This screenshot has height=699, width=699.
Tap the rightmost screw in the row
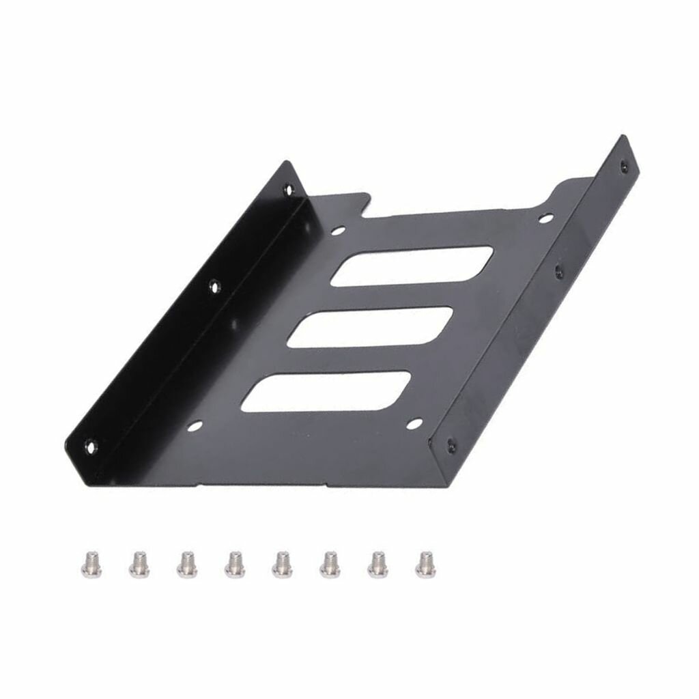pos(425,564)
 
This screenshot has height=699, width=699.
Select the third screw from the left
pos(186,564)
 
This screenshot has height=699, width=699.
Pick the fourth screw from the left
pos(235,564)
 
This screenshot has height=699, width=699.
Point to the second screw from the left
pos(139,564)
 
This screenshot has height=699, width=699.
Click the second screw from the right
pos(377,564)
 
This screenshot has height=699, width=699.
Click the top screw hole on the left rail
pos(289,189)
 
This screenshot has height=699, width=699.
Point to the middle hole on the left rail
pos(214,287)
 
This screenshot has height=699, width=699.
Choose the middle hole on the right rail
pos(559,272)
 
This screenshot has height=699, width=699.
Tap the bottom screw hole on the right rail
pos(451,444)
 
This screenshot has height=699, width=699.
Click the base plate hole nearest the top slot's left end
pos(337,231)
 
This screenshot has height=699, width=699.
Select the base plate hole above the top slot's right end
pos(545,218)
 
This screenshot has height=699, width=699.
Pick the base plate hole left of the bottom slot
pos(195,426)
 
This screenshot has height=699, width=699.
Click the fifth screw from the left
pos(281,564)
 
